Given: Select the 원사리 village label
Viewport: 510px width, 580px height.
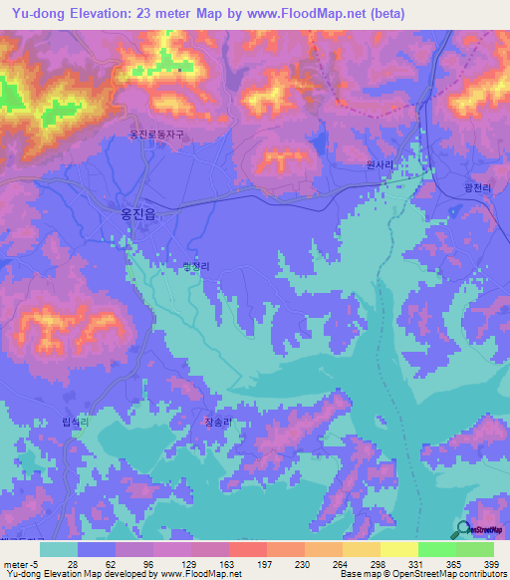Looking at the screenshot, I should coord(376,168).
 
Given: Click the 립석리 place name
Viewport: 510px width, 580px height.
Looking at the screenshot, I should coord(76,424).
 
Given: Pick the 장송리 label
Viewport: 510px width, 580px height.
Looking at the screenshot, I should coord(218,423).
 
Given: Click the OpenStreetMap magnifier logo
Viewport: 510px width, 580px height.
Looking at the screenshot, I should coord(461,529).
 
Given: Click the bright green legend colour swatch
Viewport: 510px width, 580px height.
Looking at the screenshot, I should coord(437,549).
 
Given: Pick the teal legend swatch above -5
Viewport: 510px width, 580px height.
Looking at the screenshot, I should coord(59,549).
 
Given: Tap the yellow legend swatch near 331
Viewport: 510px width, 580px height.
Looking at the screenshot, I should coord(399,549).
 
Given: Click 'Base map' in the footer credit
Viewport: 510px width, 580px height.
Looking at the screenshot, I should coord(360,574).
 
